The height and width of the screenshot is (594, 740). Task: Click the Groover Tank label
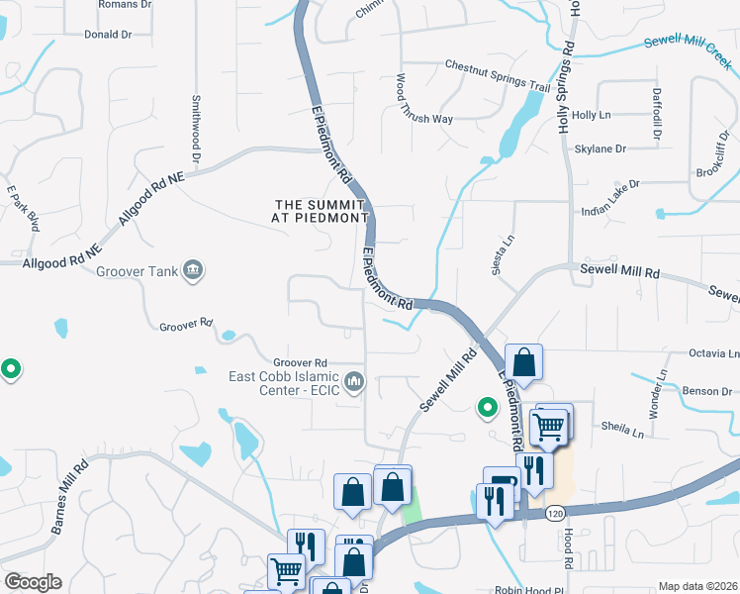[x=134, y=270]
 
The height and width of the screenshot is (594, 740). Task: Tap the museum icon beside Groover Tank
[x=194, y=269]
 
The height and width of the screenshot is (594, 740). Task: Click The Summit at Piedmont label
[x=322, y=211]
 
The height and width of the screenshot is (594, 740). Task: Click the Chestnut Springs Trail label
[x=484, y=75]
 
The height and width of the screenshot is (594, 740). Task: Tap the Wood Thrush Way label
[x=438, y=118]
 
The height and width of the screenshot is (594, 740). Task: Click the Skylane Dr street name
[x=601, y=148]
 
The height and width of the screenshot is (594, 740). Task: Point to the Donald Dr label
[x=108, y=35]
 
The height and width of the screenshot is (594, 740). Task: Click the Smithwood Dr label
[x=196, y=129]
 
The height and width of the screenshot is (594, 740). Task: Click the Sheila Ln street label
[x=622, y=428]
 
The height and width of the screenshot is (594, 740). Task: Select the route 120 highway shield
[x=555, y=513]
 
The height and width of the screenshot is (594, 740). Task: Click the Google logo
[x=33, y=582]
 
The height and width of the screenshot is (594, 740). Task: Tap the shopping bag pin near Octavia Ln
[x=523, y=362]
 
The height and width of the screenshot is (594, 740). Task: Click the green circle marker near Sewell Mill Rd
[x=486, y=407]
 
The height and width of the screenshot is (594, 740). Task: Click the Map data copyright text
[x=697, y=586]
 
